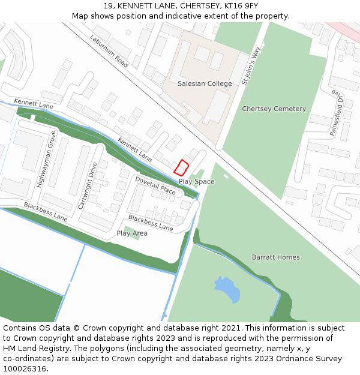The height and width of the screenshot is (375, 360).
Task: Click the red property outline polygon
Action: (181, 167)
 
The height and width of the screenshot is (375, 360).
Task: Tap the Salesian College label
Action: (205, 84)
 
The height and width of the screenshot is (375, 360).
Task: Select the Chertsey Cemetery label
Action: (274, 109)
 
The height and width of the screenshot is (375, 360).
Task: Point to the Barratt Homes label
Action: (275, 257)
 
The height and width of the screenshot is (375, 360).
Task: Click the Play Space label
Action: (196, 182)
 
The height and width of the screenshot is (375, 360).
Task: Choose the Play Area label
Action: (132, 233)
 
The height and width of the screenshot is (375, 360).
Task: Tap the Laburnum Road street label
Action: (110, 50)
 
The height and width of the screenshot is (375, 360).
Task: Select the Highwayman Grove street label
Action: (46, 159)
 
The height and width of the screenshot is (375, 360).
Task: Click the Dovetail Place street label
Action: (155, 186)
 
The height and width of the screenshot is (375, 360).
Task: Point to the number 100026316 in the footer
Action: (25, 368)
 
